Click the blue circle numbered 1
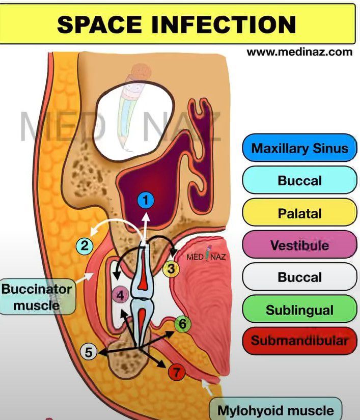click(146, 201)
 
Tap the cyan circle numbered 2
click(85, 246)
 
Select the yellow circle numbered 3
click(172, 268)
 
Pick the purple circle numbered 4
click(120, 294)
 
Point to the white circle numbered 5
click(89, 351)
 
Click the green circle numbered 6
click(182, 323)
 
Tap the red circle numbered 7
click(176, 373)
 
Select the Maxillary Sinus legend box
click(299, 148)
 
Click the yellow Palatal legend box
click(299, 213)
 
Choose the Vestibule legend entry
click(299, 245)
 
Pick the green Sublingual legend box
click(299, 310)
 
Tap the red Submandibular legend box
click(299, 341)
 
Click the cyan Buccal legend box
click(299, 180)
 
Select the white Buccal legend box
click(299, 277)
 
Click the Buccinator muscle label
click(37, 297)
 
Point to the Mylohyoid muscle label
click(275, 410)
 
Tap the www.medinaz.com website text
click(299, 51)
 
